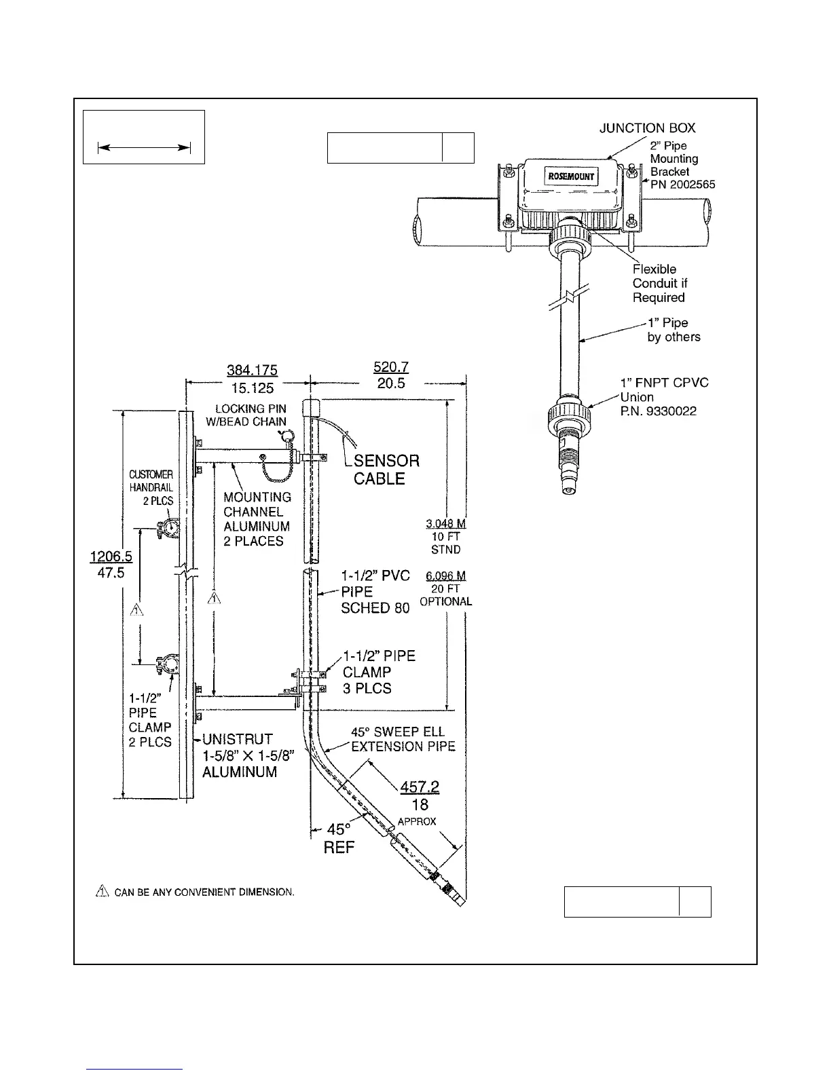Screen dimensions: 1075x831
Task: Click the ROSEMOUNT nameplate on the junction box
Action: tap(571, 177)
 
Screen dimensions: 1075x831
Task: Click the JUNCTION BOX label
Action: tap(647, 128)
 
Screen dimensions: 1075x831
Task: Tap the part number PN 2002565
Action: tap(682, 185)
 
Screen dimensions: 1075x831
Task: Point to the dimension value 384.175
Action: tap(253, 370)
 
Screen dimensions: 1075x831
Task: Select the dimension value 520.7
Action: tap(391, 367)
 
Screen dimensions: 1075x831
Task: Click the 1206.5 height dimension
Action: tap(111, 557)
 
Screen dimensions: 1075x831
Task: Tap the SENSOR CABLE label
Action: tap(386, 470)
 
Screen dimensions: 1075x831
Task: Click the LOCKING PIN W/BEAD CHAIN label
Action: tap(251, 415)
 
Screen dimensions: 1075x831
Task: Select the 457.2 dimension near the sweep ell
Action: tap(420, 787)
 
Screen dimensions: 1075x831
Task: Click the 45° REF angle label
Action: tap(339, 838)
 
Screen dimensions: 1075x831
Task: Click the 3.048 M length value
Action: tap(445, 524)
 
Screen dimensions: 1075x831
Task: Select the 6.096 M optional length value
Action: tap(445, 576)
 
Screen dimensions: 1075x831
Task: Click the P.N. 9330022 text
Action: tap(659, 411)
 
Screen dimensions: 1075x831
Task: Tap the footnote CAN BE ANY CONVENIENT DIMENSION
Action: tap(203, 892)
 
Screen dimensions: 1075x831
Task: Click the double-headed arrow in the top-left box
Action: tap(144, 147)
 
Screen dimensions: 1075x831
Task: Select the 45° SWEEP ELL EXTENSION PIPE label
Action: tap(403, 739)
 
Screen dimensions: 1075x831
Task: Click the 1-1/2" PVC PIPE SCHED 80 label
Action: tap(375, 592)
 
